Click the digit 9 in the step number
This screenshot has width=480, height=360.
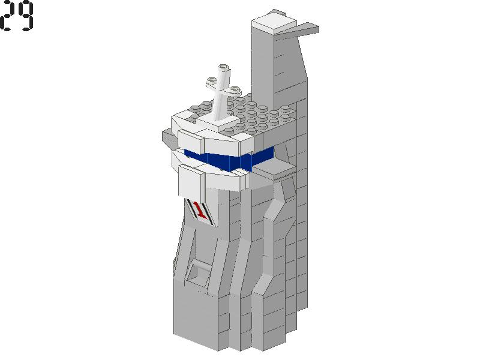point(25,16)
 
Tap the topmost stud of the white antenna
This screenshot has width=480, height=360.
point(224,67)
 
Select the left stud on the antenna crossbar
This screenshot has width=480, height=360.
point(212,81)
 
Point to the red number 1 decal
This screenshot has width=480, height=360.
point(201,210)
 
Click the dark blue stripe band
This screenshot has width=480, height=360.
point(230,159)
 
